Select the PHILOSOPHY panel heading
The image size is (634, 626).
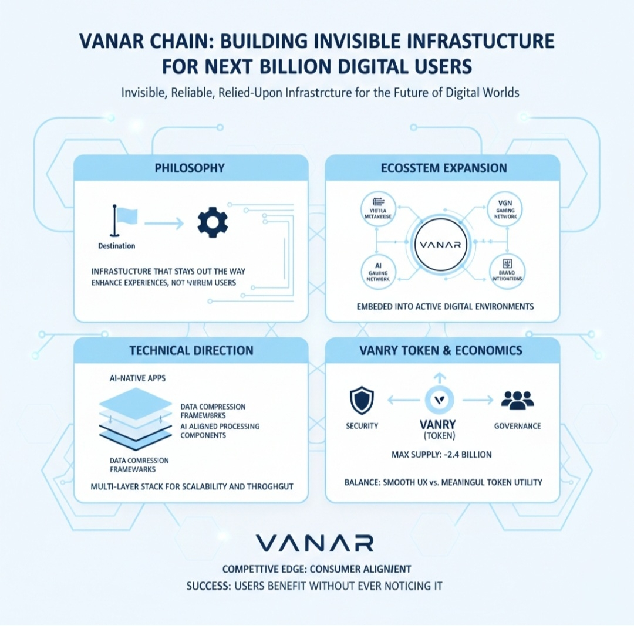pyautogui.click(x=190, y=168)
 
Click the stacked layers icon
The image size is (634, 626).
pyautogui.click(x=136, y=418)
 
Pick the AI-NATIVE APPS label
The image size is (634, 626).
pyautogui.click(x=136, y=378)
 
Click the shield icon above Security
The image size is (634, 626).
pyautogui.click(x=362, y=401)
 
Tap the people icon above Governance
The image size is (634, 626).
pyautogui.click(x=517, y=401)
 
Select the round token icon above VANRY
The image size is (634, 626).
pyautogui.click(x=439, y=400)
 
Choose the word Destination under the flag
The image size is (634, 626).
pyautogui.click(x=117, y=245)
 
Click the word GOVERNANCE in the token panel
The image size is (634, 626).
pyautogui.click(x=517, y=425)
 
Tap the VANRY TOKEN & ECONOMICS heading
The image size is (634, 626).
pyautogui.click(x=442, y=351)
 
